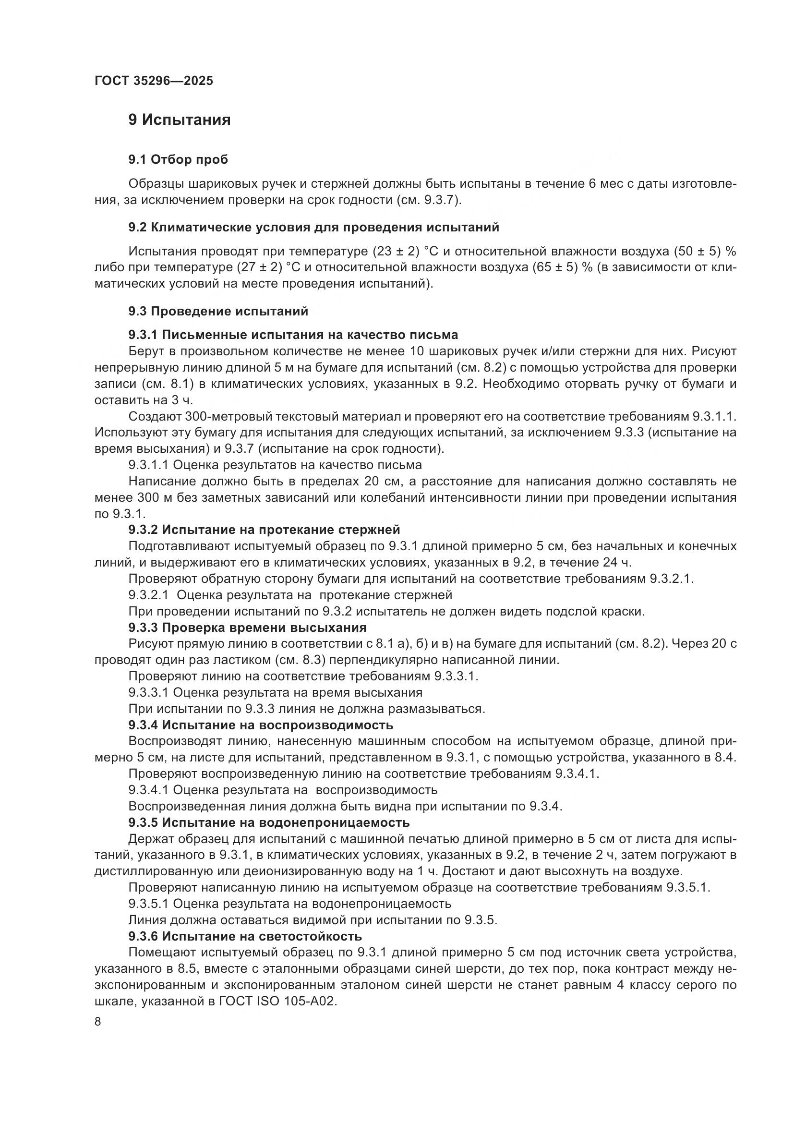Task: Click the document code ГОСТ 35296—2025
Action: point(154,81)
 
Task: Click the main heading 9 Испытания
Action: point(180,120)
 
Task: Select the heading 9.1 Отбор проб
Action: point(178,159)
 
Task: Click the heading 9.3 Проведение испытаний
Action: point(218,311)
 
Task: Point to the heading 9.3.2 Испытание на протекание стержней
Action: point(264,530)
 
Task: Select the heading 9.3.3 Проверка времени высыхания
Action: point(247,628)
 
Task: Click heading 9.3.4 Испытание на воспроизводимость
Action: point(261,725)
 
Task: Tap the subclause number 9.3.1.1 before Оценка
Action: point(149,465)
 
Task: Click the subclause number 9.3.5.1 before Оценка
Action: point(149,904)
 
